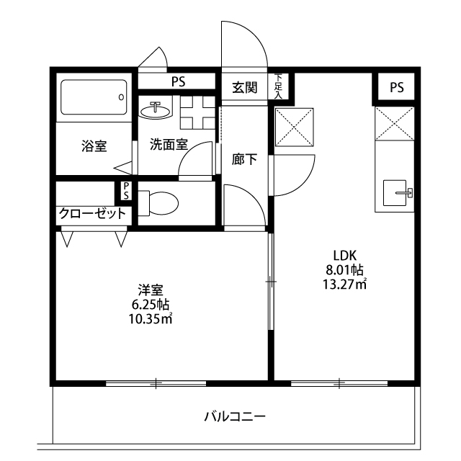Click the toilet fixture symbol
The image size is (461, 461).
point(158,203)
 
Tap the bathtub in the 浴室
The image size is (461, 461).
point(94,97)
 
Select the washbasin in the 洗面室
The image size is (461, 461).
point(155,110)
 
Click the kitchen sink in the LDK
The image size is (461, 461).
point(395,193)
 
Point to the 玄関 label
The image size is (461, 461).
point(245,87)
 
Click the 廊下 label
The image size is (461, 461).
point(244,159)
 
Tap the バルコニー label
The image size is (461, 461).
point(236,416)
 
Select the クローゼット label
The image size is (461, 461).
point(93,213)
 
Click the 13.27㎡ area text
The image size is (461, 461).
point(344,284)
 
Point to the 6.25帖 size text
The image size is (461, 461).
point(151,305)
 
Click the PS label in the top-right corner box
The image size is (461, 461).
point(397,87)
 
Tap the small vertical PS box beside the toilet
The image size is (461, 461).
point(126,191)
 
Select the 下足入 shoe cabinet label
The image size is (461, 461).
point(278,86)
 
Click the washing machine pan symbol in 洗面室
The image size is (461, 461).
point(198,112)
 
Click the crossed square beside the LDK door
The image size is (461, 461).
point(295,127)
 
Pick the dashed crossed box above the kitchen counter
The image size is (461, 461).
point(395,123)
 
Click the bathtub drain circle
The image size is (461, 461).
point(121,97)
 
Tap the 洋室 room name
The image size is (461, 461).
point(151,290)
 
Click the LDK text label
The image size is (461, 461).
point(344,255)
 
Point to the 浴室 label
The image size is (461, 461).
point(94,146)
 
